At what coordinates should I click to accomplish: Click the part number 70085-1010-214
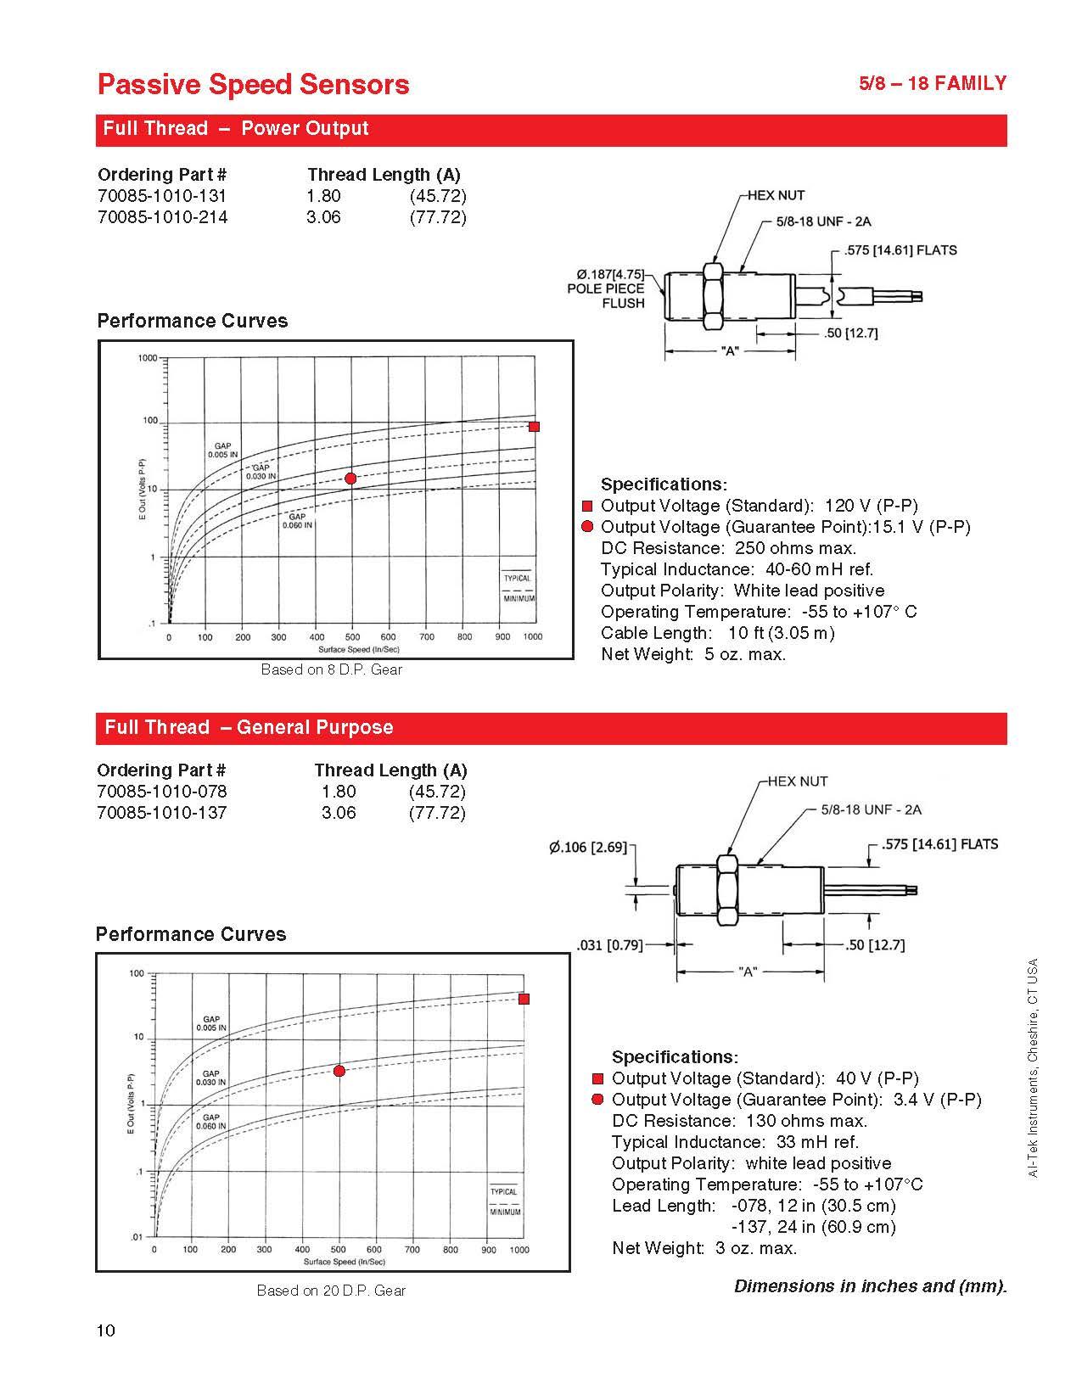162,217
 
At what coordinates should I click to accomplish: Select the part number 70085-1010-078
162,792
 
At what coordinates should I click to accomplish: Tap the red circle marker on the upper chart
350,479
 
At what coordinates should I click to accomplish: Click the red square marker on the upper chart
534,427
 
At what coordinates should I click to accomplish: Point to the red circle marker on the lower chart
339,1071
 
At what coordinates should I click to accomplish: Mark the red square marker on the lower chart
524,999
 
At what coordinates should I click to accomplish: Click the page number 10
106,1330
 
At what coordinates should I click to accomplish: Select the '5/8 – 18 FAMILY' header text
933,83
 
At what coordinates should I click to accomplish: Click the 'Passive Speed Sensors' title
253,84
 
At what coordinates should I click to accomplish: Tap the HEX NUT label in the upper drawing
776,195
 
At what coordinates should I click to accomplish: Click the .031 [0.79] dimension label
609,944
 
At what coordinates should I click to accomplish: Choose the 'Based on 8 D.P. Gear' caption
331,669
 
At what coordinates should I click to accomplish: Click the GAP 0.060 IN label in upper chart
297,521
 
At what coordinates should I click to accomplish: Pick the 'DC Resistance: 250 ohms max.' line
728,548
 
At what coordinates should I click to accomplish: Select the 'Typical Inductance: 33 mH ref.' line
735,1142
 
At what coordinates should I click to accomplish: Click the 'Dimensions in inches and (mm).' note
870,1285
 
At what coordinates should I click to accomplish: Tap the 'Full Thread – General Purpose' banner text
249,727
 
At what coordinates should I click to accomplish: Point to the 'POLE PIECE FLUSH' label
606,295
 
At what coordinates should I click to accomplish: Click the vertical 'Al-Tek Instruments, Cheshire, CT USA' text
1033,1067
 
